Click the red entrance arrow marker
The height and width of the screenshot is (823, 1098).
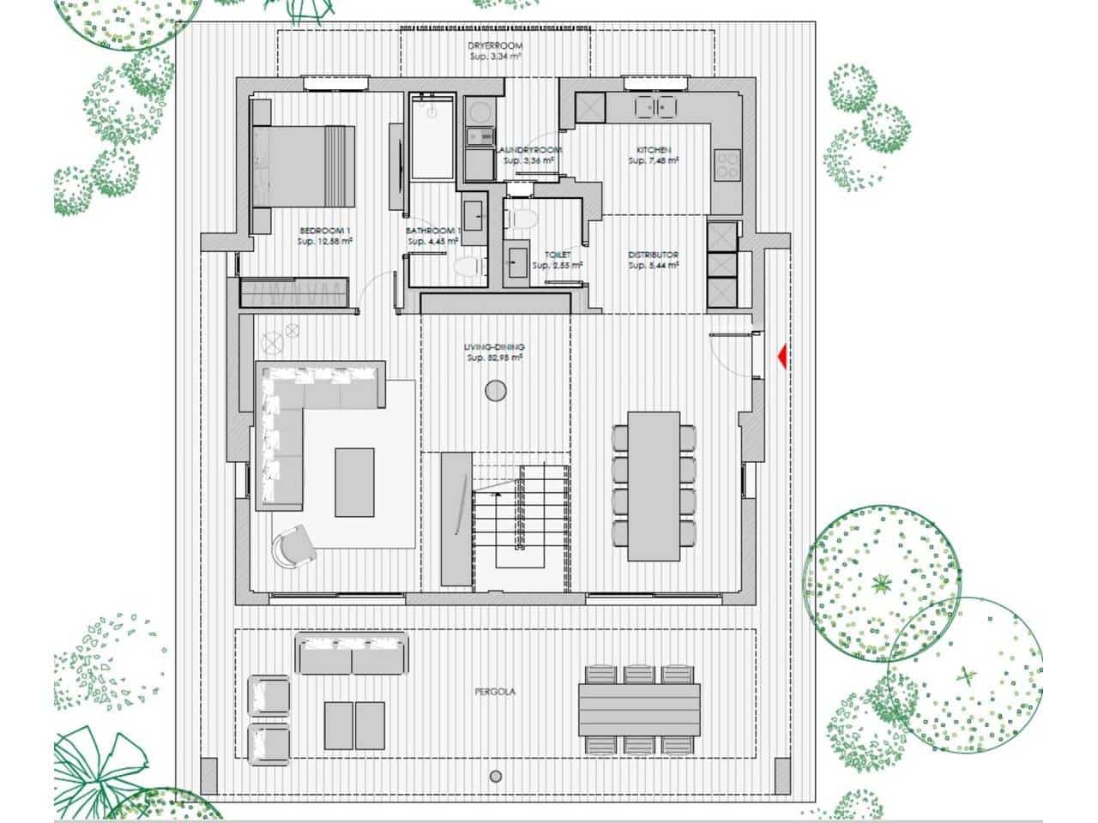781,356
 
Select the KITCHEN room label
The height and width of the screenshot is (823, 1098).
654,150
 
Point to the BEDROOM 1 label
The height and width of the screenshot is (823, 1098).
324,231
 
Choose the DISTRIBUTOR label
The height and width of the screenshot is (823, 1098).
654,255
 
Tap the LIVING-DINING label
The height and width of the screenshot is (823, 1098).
495,347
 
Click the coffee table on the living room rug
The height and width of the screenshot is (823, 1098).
354,482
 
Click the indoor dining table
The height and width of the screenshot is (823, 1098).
654,486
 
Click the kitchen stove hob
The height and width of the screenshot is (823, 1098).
727,165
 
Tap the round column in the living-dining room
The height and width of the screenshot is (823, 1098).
495,392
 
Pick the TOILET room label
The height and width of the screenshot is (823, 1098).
558,255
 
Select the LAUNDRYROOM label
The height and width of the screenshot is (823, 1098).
528,150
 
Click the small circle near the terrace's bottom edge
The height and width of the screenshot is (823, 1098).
495,777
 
